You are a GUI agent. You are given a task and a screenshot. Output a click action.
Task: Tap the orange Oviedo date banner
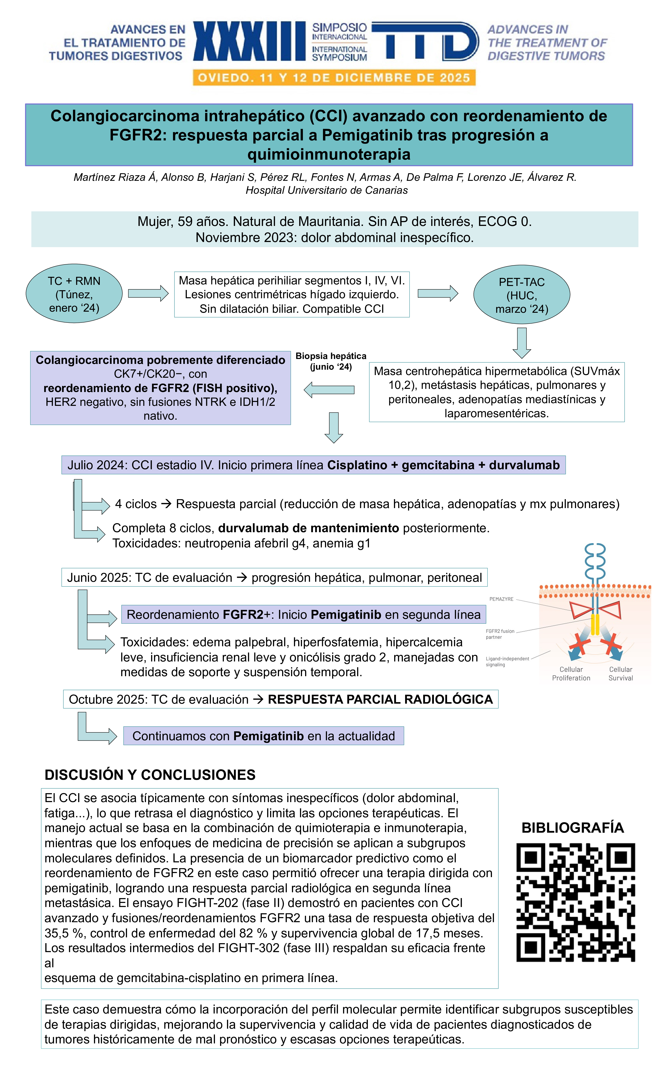click(334, 78)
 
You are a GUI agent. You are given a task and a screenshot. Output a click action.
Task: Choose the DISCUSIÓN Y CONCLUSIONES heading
click(150, 775)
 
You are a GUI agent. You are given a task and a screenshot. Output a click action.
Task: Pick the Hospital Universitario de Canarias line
click(327, 190)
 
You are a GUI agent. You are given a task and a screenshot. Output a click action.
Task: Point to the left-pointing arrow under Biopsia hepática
click(329, 390)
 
